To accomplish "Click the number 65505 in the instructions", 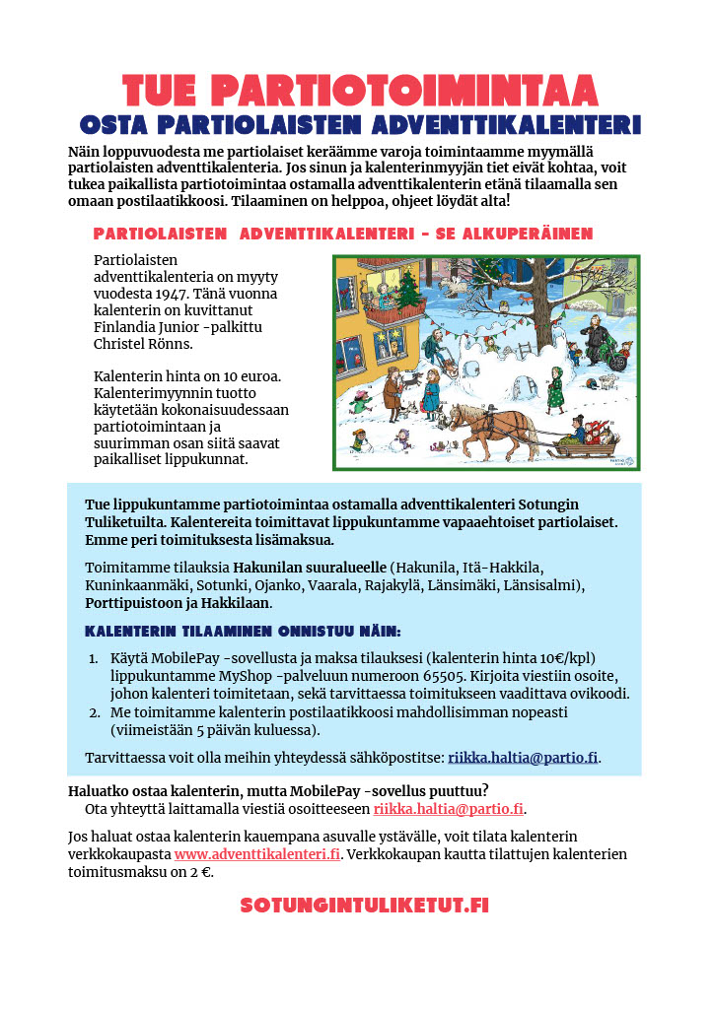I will pos(479,676).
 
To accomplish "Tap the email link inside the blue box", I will pos(523,758).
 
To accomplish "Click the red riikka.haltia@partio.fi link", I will pos(449,809).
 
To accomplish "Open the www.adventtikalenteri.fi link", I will pos(257,853).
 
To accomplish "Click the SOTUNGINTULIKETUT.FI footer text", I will pos(365,905).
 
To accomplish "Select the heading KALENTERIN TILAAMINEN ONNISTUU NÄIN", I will pos(244,632).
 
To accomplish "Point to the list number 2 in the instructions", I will pos(95,711).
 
